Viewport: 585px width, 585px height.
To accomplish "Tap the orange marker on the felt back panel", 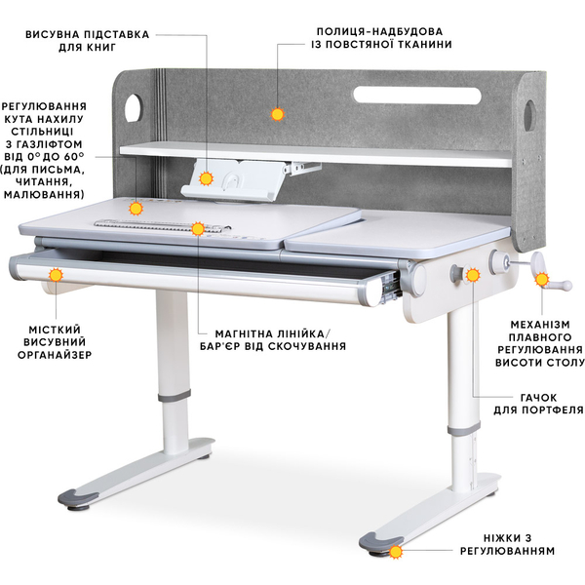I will pos(277,114).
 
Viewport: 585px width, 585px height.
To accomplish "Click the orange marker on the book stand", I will pos(207,177).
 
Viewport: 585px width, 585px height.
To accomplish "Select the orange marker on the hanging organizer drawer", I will pos(56,276).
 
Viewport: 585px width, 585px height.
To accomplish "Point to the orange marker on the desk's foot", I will pos(396,552).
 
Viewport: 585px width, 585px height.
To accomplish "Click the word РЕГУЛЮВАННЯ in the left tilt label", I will pos(45,106).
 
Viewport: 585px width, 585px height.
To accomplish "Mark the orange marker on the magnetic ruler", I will pos(198,229).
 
